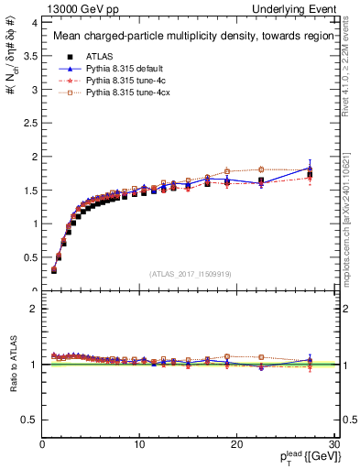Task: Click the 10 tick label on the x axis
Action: [x=138, y=443]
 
